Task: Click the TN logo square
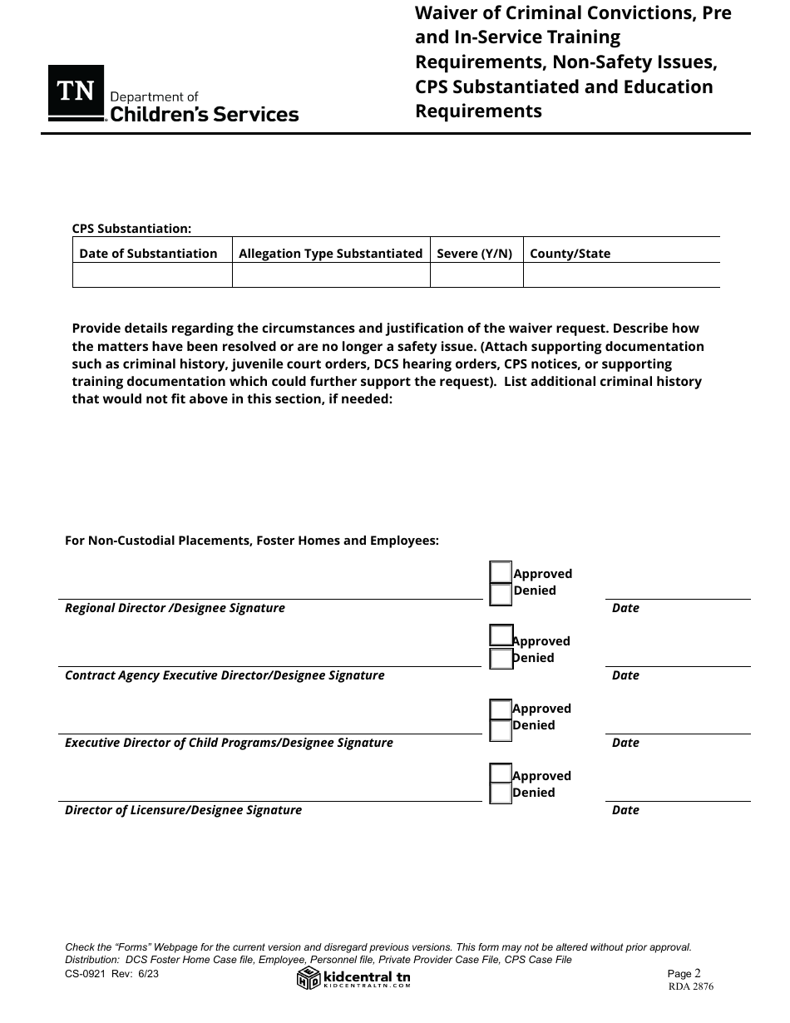point(76,92)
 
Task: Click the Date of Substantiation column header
point(148,254)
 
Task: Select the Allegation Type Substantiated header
point(330,254)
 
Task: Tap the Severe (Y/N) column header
point(474,254)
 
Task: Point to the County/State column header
point(570,254)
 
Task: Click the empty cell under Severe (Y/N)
point(476,275)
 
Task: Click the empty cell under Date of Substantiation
point(152,275)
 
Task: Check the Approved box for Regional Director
point(501,572)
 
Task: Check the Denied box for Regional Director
point(501,594)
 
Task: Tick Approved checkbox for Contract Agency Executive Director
point(501,635)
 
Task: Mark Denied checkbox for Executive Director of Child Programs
point(501,729)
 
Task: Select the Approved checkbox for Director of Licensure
point(501,773)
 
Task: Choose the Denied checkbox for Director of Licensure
point(501,793)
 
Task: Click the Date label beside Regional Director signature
point(625,608)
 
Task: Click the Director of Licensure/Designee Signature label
point(183,810)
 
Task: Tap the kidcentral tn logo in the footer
point(354,978)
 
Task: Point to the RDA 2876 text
point(690,987)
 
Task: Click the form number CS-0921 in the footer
point(87,973)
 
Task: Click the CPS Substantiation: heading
point(131,229)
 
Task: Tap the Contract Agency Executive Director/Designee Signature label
point(225,675)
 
